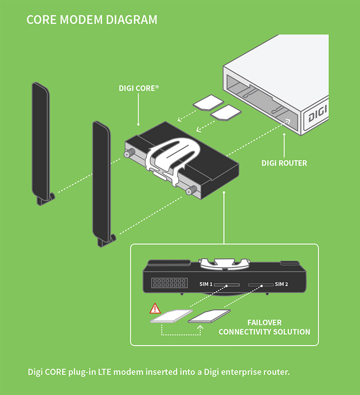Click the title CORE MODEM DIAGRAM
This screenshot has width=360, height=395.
[92, 20]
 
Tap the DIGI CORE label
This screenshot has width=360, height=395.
[139, 88]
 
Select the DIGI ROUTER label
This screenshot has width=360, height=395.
[284, 163]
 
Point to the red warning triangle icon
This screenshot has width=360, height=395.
[155, 309]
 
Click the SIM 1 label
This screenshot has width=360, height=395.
[206, 284]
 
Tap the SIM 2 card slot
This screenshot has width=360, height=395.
[260, 285]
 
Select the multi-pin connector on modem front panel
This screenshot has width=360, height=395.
[170, 283]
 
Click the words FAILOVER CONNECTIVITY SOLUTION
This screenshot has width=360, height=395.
[264, 327]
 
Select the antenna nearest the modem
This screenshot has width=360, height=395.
[102, 183]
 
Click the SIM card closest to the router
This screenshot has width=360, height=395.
[225, 113]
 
